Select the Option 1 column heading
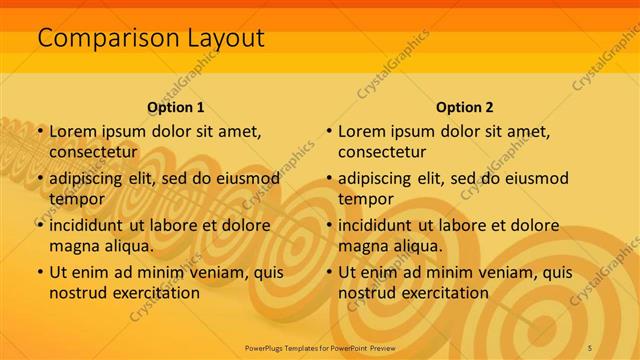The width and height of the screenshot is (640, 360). (x=176, y=107)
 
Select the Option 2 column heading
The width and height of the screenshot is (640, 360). (x=465, y=107)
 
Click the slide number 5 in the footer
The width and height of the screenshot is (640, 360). (x=590, y=346)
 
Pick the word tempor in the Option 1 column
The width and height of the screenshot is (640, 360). (x=77, y=199)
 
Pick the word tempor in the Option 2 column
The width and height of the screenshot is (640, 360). (x=366, y=199)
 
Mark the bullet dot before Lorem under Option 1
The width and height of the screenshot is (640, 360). (x=40, y=131)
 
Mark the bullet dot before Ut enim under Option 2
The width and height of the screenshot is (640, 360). (x=329, y=272)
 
